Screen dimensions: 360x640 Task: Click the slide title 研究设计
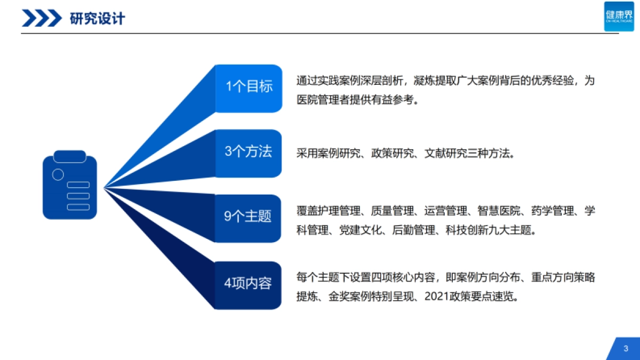pos(98,19)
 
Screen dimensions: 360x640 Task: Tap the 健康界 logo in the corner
pos(619,16)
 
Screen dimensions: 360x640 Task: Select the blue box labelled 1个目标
pos(249,88)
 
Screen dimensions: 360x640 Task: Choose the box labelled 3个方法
pos(249,153)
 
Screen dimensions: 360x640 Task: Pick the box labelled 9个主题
pos(249,218)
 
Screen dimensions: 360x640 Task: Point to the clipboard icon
pos(70,185)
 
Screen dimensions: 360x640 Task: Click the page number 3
pos(626,349)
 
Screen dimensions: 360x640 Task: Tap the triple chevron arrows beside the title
pos(42,19)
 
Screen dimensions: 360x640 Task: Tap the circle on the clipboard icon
pos(58,174)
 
